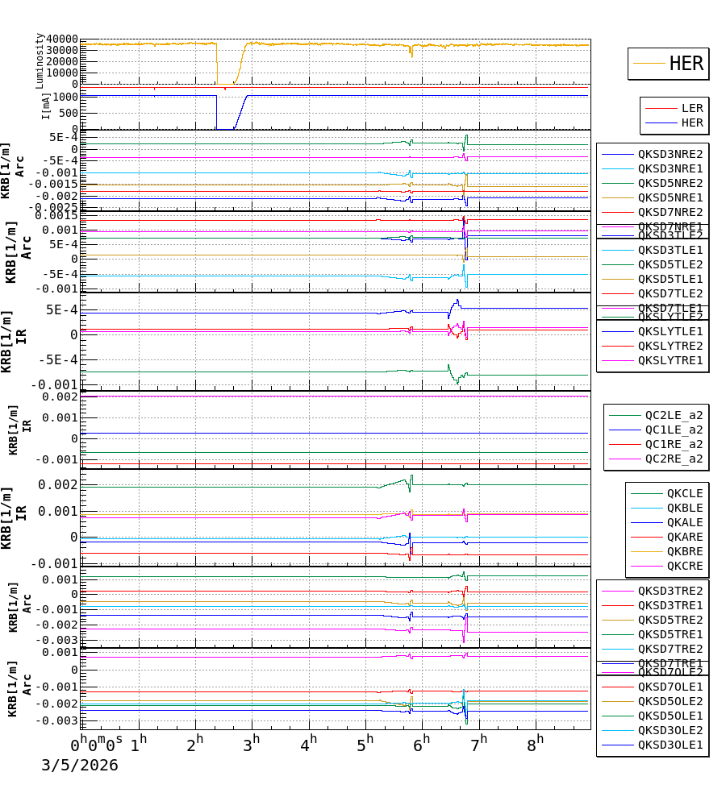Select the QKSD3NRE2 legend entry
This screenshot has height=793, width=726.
pos(670,154)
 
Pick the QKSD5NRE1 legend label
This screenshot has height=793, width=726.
pos(670,197)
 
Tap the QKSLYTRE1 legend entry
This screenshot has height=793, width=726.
pos(670,360)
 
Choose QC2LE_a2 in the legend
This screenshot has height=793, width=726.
pos(674,415)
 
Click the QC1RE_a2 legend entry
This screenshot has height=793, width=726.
pos(674,444)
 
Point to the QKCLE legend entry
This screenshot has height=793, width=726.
pos(684,493)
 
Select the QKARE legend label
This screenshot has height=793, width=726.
pos(684,537)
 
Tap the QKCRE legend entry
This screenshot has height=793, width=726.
pos(684,566)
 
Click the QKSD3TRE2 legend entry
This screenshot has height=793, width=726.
pos(670,591)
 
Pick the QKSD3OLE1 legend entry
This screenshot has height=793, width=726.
pos(670,745)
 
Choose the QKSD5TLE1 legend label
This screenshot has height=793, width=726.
pos(670,279)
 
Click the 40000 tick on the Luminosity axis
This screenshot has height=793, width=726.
pos(62,39)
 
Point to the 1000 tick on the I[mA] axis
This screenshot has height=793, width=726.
pos(68,97)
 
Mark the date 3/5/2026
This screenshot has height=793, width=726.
pos(79,765)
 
